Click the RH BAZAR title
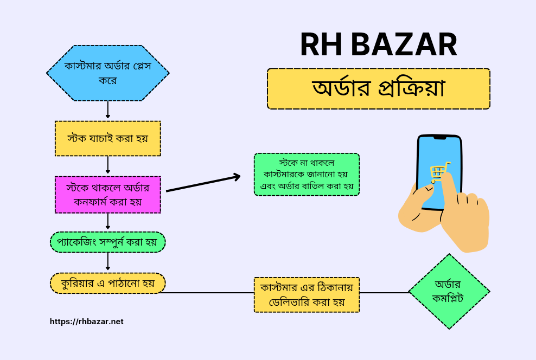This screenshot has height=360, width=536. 379,44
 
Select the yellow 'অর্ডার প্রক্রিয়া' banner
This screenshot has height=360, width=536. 379,89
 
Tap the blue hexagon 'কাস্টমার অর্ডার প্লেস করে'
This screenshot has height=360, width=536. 107,73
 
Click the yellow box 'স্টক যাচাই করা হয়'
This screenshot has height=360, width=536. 107,138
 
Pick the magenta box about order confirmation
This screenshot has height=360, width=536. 107,195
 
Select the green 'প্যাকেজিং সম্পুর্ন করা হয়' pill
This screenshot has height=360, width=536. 107,242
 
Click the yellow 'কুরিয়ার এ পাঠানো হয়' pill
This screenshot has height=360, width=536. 107,283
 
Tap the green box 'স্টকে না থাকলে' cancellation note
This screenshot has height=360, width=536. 307,175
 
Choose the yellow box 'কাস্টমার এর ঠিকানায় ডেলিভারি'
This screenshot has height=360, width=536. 307,295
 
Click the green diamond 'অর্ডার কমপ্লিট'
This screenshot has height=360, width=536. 449,291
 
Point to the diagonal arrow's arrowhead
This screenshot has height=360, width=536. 237,177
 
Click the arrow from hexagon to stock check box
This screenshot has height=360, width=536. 107,110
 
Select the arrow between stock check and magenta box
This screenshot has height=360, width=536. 107,165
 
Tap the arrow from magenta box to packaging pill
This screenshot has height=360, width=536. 107,221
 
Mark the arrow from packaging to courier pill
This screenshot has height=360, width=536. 107,262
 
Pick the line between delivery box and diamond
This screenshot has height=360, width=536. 385,293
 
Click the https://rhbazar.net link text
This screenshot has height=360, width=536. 86,322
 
